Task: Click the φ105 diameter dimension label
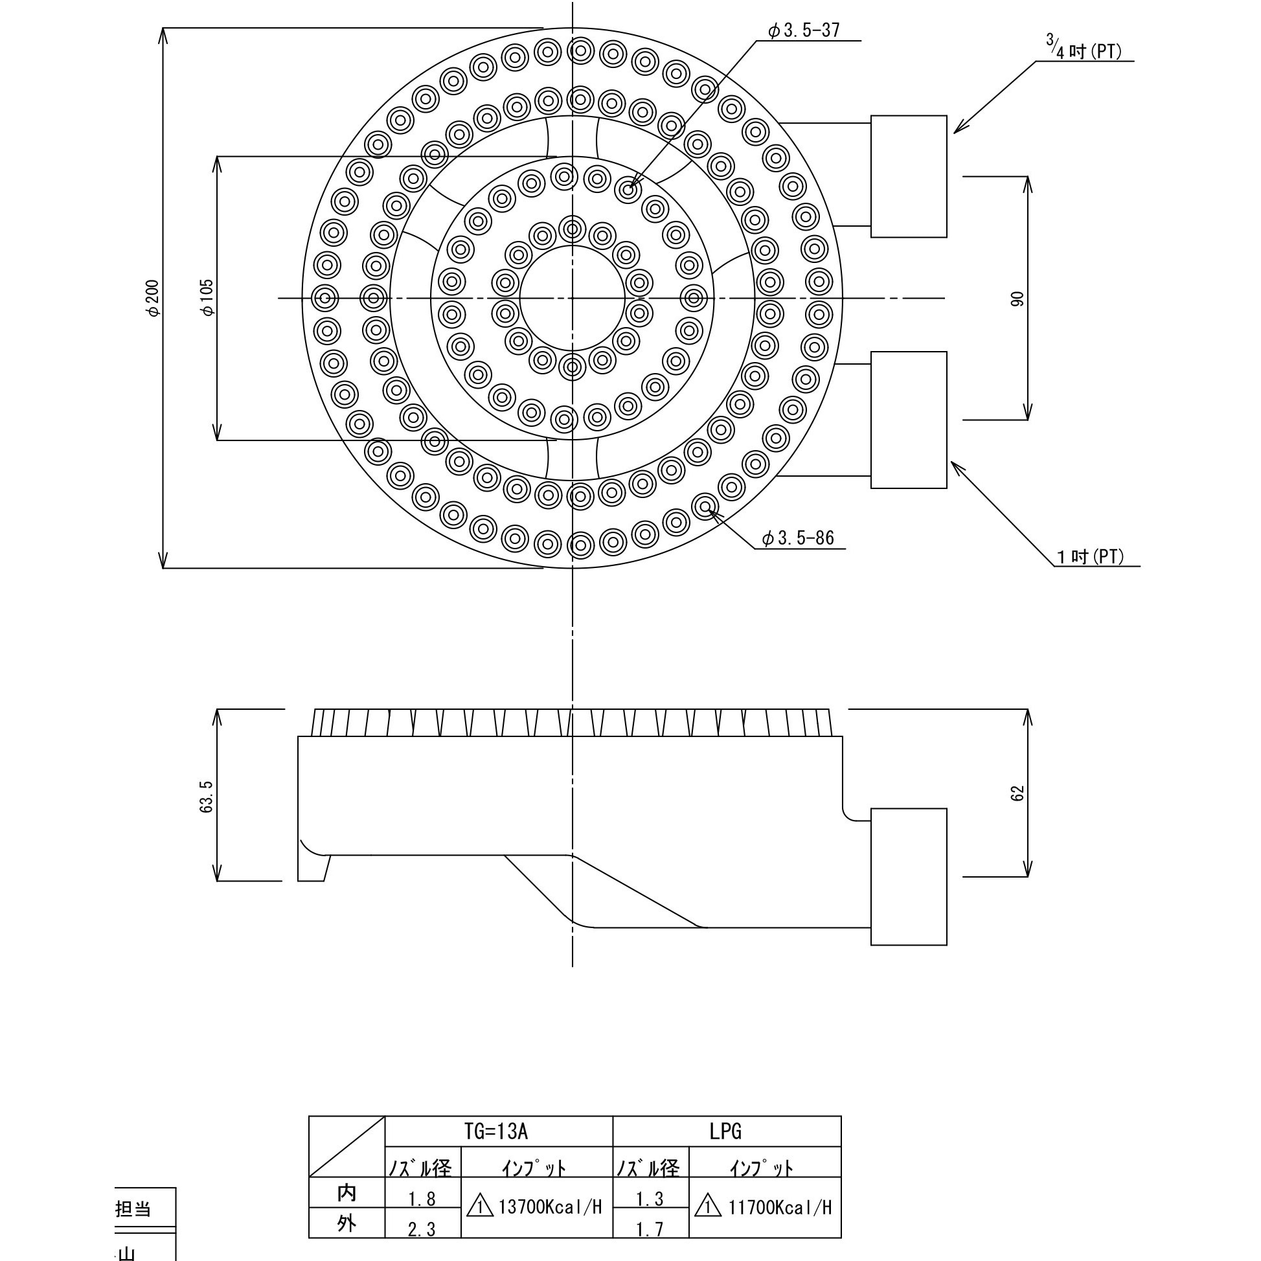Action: [207, 299]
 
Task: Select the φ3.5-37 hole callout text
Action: [804, 30]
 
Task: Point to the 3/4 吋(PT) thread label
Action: [1084, 49]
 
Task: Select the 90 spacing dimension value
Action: [1017, 299]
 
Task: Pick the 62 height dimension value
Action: [1017, 793]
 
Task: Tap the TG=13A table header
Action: [496, 1131]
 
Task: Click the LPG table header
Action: [726, 1131]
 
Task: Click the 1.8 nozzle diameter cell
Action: [422, 1199]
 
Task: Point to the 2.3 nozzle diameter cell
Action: [422, 1230]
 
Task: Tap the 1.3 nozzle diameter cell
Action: [650, 1199]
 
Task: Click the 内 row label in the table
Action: [346, 1193]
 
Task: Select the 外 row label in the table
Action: [346, 1223]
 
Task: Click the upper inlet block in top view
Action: [909, 176]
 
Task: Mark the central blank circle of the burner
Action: [573, 299]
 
